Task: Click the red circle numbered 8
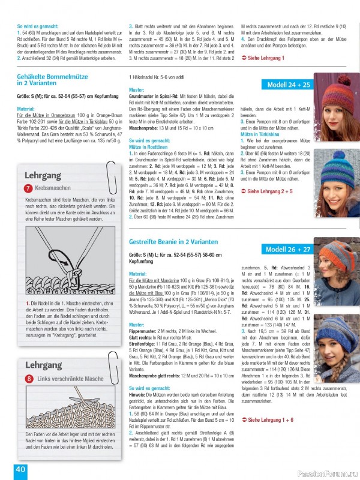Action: click(28, 379)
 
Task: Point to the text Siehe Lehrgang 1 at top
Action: click(265, 57)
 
